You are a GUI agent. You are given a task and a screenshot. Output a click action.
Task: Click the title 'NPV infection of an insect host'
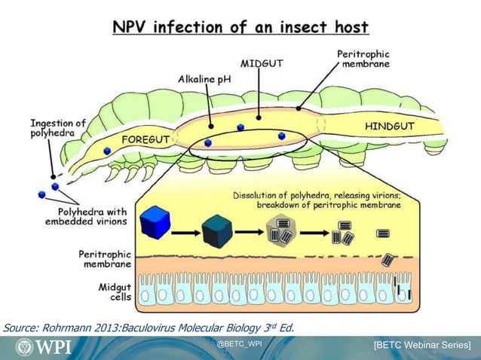(x=240, y=28)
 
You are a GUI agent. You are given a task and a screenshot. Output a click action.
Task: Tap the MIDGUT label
(x=262, y=64)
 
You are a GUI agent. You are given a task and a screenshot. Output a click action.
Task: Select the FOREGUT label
(x=148, y=139)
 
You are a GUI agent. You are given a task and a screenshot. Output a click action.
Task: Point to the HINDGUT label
(x=389, y=127)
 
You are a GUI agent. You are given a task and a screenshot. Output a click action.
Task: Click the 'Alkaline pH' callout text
(x=204, y=78)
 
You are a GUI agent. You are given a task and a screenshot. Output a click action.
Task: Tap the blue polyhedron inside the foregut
(x=107, y=151)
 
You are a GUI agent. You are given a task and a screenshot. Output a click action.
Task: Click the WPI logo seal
(x=25, y=347)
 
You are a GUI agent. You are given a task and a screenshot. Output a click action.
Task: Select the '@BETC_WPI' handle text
(x=240, y=344)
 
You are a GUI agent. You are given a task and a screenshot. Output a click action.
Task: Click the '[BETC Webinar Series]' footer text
(x=422, y=346)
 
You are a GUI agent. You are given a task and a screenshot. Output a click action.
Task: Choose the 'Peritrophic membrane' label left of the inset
(x=106, y=259)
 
